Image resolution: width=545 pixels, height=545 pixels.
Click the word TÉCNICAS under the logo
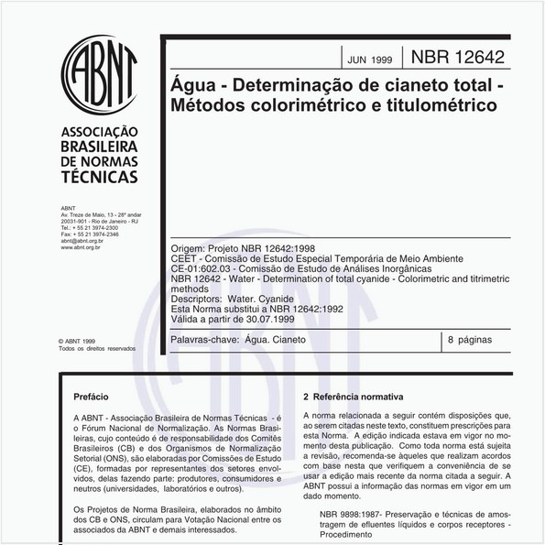(97, 175)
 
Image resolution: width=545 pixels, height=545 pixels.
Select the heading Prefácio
(103, 398)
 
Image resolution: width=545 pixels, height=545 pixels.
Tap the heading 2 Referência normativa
(354, 398)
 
